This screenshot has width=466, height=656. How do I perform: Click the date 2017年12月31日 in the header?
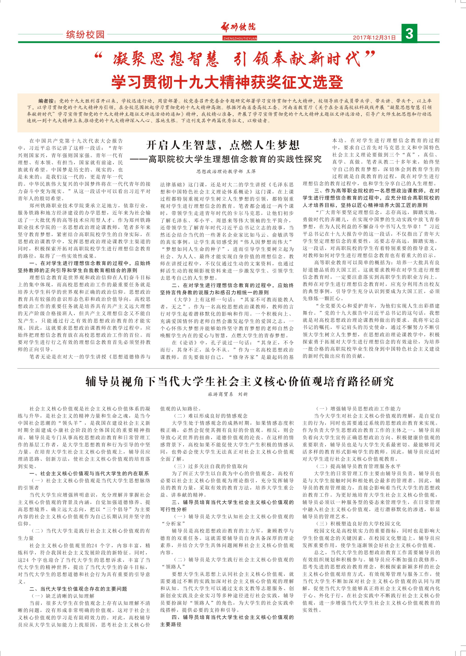[374, 37]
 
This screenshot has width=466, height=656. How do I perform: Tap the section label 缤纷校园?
[85, 35]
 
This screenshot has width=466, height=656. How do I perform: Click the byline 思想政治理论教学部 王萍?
[226, 171]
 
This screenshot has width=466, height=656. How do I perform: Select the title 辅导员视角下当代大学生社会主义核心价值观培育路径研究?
[240, 381]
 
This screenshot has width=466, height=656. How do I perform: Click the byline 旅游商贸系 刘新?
[227, 394]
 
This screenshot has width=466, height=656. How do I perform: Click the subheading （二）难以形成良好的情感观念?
[210, 416]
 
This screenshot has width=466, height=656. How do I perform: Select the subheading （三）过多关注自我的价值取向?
[210, 466]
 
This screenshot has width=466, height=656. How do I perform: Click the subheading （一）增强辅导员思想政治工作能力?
[358, 408]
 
